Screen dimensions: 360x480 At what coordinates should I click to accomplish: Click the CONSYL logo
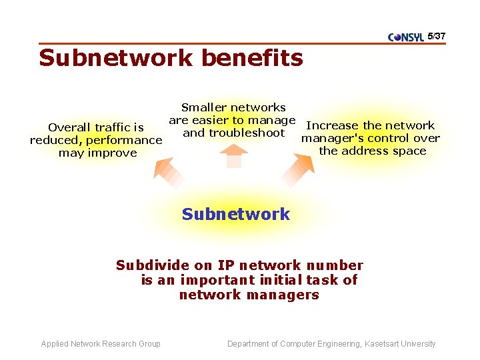[405, 37]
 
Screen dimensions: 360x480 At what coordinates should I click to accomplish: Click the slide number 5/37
[436, 35]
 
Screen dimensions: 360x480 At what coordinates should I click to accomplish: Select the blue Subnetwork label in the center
[236, 214]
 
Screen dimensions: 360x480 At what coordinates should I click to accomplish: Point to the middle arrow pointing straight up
[233, 156]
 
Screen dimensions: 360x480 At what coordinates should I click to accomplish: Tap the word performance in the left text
[123, 140]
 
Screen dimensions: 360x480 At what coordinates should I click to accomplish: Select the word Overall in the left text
[69, 127]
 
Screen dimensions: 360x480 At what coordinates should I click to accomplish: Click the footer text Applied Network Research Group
[101, 344]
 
